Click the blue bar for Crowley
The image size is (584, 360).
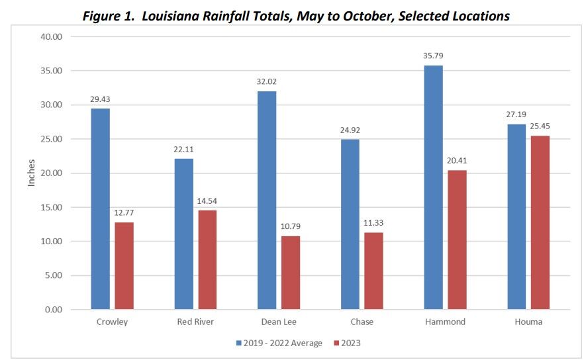[101, 208]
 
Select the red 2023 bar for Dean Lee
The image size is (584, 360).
[291, 273]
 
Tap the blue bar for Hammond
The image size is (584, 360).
[433, 187]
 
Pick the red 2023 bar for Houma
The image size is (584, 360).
[540, 222]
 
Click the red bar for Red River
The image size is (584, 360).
[207, 259]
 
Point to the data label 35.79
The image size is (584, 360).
[433, 56]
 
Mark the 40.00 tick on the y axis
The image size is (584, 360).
[50, 36]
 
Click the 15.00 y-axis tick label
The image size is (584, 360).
[50, 207]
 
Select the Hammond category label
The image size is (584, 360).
[445, 322]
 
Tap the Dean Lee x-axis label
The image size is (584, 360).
[279, 322]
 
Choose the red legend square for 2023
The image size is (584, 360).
[335, 343]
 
